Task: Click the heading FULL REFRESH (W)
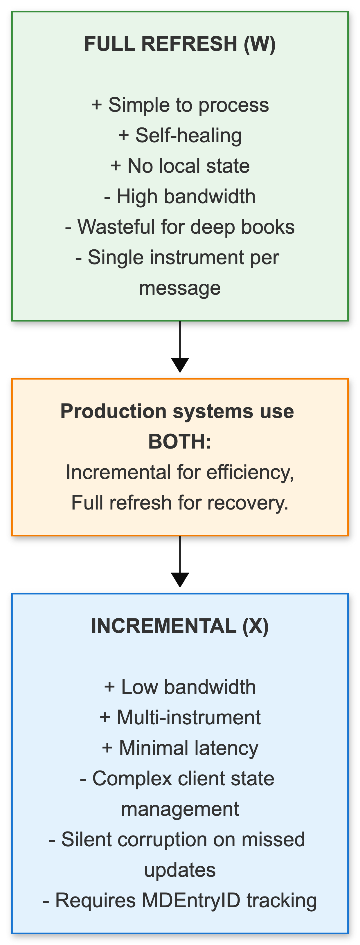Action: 180,44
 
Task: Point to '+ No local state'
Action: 180,166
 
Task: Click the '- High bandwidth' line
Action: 180,196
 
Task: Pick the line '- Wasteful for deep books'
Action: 180,227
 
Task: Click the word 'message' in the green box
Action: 180,288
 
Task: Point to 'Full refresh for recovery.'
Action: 180,503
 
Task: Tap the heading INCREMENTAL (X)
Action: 180,626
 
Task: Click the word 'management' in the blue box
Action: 180,809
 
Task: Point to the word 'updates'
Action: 180,870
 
